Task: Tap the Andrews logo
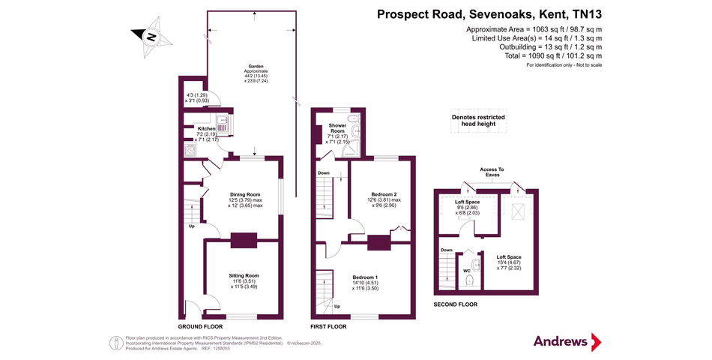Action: tap(567, 341)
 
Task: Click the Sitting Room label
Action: tap(244, 275)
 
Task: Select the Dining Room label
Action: tap(244, 194)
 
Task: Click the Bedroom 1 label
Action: tap(365, 277)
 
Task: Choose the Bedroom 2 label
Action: tap(384, 194)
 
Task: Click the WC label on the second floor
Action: tap(466, 270)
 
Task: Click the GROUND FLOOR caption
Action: tap(200, 327)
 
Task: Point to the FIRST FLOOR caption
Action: tap(328, 327)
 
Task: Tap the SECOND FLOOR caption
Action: tap(456, 304)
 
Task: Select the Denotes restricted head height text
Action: tap(477, 121)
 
